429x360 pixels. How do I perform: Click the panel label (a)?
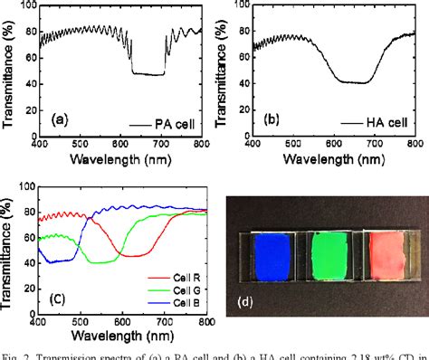click(60, 118)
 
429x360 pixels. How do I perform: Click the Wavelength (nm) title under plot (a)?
click(120, 159)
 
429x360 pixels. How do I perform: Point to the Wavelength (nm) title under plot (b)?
click(331, 159)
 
